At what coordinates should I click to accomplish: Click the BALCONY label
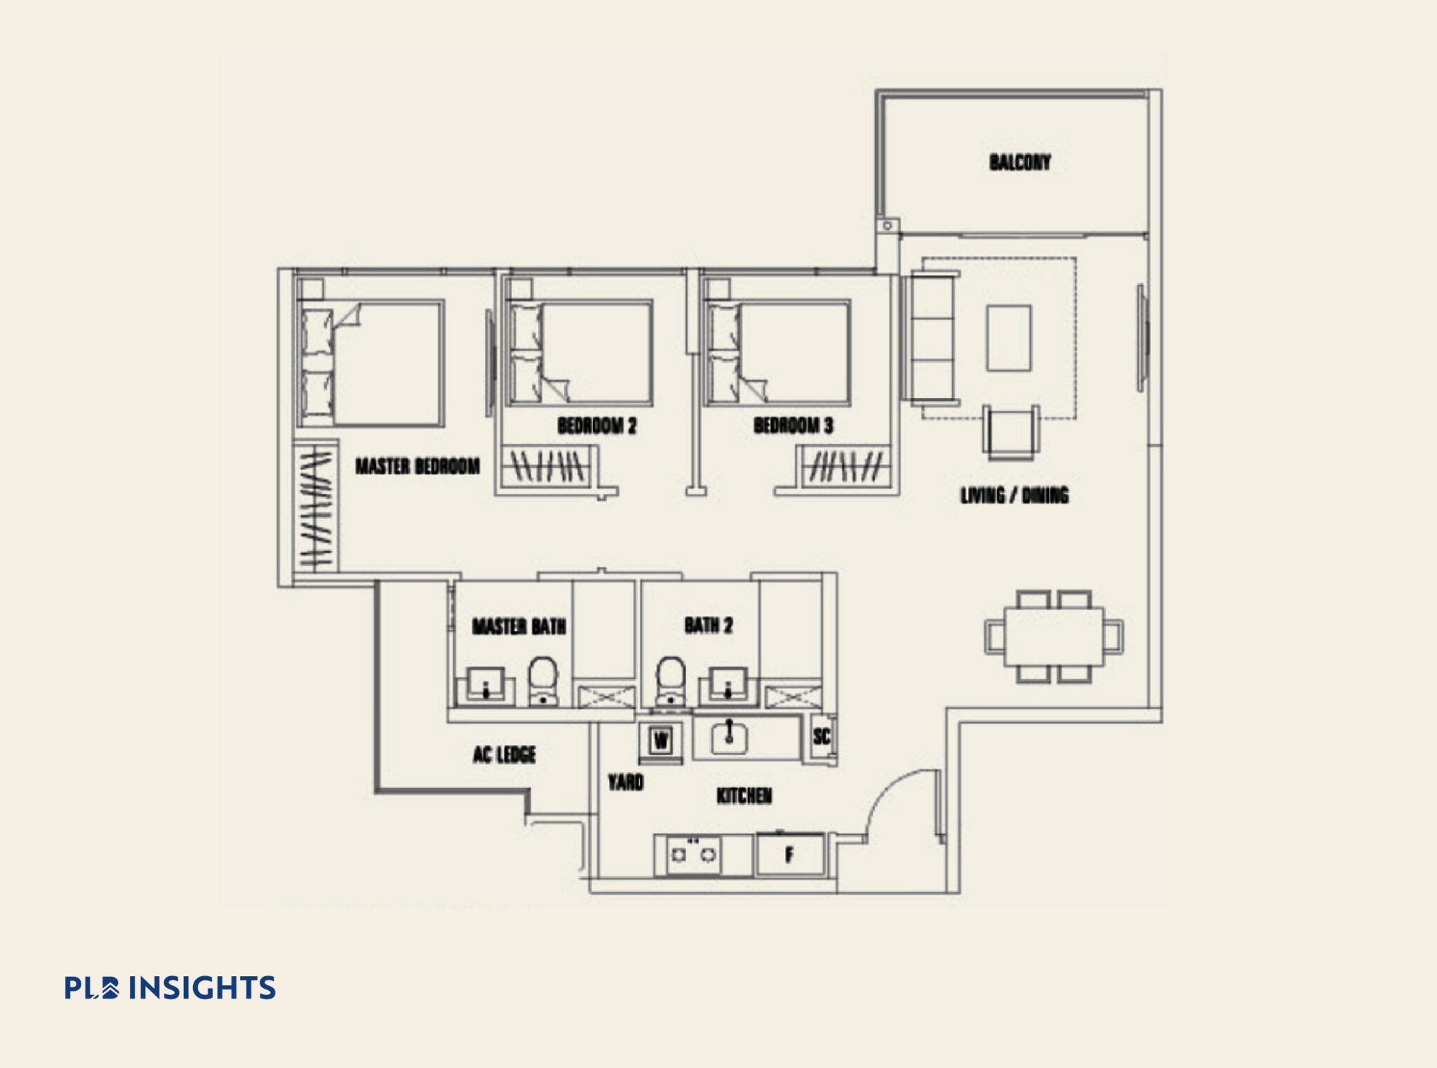tap(1020, 163)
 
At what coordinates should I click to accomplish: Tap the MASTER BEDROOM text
tap(417, 466)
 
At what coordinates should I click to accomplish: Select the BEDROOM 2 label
tap(596, 426)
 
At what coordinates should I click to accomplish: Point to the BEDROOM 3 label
tap(793, 426)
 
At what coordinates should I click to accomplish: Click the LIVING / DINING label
tap(1014, 495)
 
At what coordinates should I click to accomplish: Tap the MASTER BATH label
tap(519, 626)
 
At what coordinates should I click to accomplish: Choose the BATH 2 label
tap(708, 625)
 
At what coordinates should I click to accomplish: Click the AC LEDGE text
tap(504, 755)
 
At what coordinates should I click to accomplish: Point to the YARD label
tap(625, 782)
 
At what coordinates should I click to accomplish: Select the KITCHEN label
tap(744, 796)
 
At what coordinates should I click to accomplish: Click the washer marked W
tap(660, 740)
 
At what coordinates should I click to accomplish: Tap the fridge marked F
tap(789, 855)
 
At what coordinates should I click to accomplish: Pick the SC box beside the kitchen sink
tap(822, 736)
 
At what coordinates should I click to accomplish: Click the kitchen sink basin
tap(729, 737)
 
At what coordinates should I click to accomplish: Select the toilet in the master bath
tap(542, 679)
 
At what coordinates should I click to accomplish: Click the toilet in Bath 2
tap(670, 679)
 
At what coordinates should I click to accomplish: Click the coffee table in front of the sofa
tap(1008, 338)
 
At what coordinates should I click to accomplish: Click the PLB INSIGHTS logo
tap(170, 987)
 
